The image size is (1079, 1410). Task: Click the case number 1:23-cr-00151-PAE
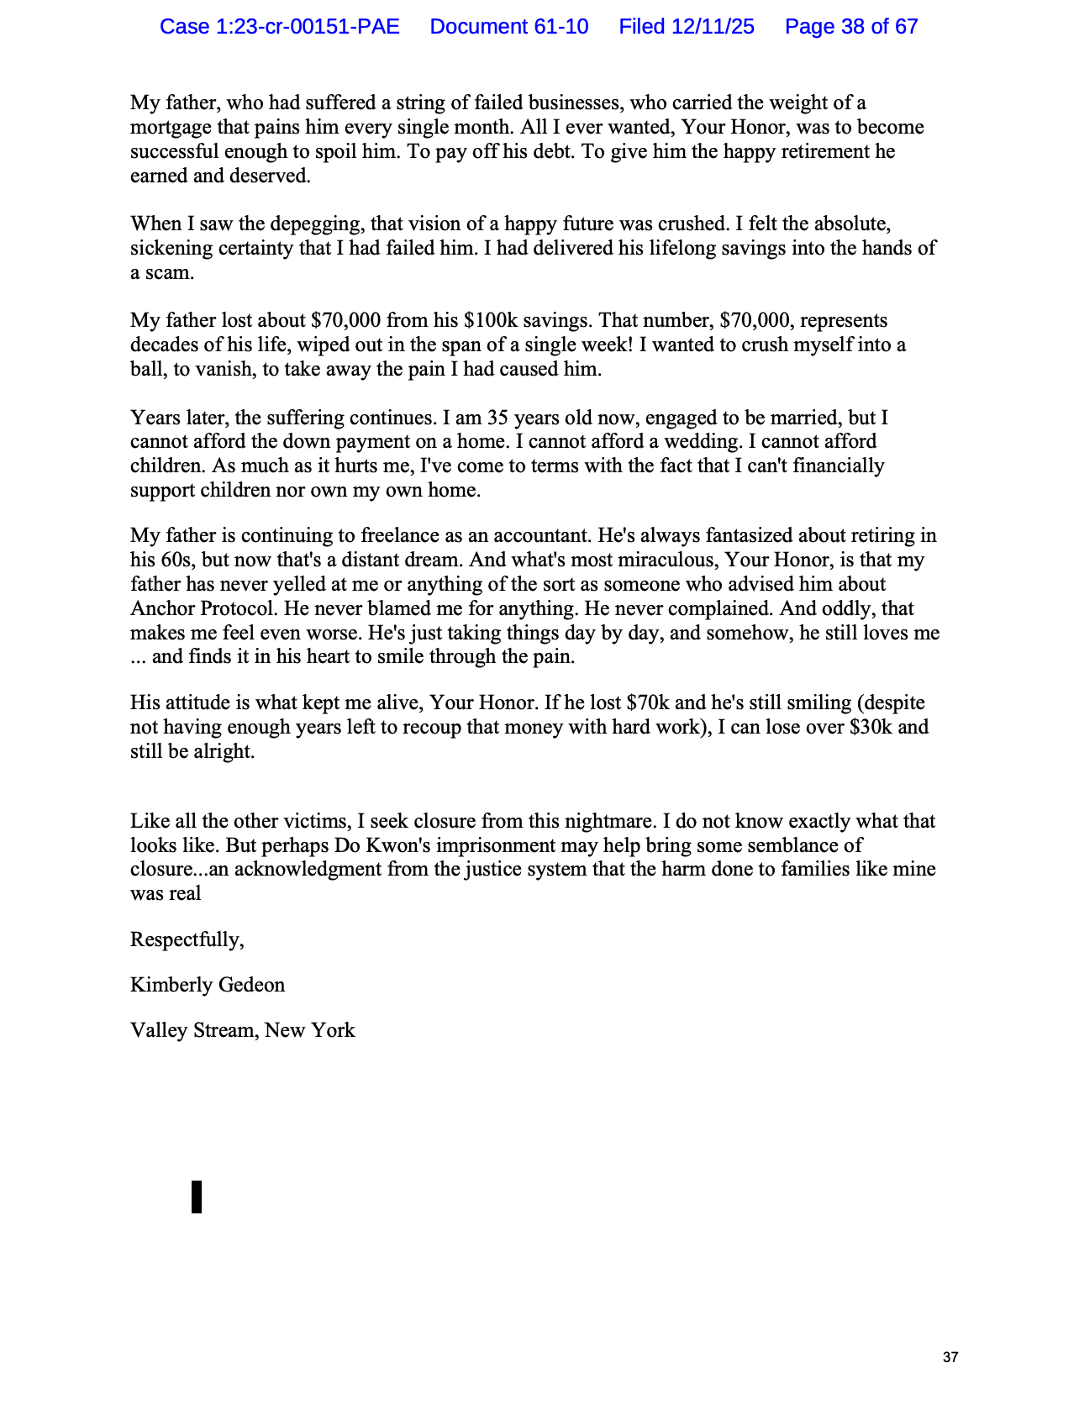[280, 27]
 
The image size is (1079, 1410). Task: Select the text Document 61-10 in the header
[509, 27]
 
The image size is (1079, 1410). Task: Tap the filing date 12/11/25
[713, 27]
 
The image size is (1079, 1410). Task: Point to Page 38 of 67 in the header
[851, 27]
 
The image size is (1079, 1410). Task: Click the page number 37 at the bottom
[950, 1357]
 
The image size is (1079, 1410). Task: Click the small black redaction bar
[197, 1197]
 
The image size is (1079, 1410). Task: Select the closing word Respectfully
[187, 939]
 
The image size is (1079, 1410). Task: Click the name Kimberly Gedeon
[208, 985]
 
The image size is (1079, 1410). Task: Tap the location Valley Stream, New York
[243, 1030]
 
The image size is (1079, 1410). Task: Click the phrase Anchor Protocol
[192, 608]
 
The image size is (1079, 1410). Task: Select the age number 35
[497, 418]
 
